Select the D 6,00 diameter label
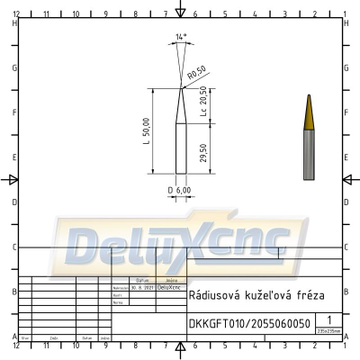point(179,190)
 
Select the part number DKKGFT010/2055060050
point(249,324)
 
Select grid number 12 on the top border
point(16,15)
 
